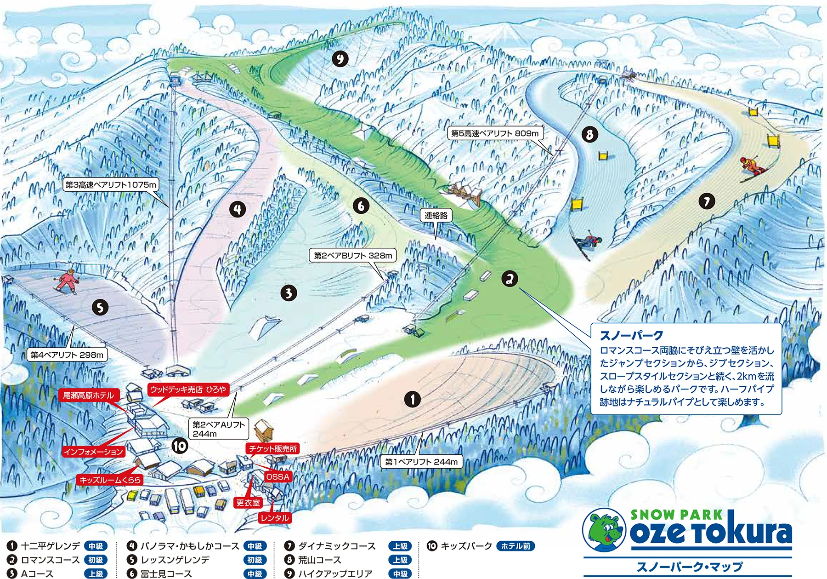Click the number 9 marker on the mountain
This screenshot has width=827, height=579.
(340, 59)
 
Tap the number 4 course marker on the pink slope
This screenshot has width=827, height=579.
(238, 209)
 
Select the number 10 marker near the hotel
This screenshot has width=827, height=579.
(180, 446)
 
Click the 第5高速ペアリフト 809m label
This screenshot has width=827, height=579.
(495, 133)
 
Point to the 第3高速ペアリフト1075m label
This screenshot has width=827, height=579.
(111, 185)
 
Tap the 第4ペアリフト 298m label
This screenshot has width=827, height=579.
(67, 355)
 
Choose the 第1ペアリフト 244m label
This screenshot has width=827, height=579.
(421, 462)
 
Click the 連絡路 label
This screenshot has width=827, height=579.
(436, 215)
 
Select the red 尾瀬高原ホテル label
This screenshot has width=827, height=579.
(88, 396)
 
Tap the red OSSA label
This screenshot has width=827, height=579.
(278, 476)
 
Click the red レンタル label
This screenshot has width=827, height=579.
(275, 518)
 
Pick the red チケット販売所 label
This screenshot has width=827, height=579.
(273, 448)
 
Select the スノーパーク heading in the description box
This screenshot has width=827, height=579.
(631, 335)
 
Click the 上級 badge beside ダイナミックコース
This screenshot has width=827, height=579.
(400, 546)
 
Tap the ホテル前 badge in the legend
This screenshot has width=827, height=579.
(515, 546)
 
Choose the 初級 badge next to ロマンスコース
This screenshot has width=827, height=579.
(96, 560)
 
